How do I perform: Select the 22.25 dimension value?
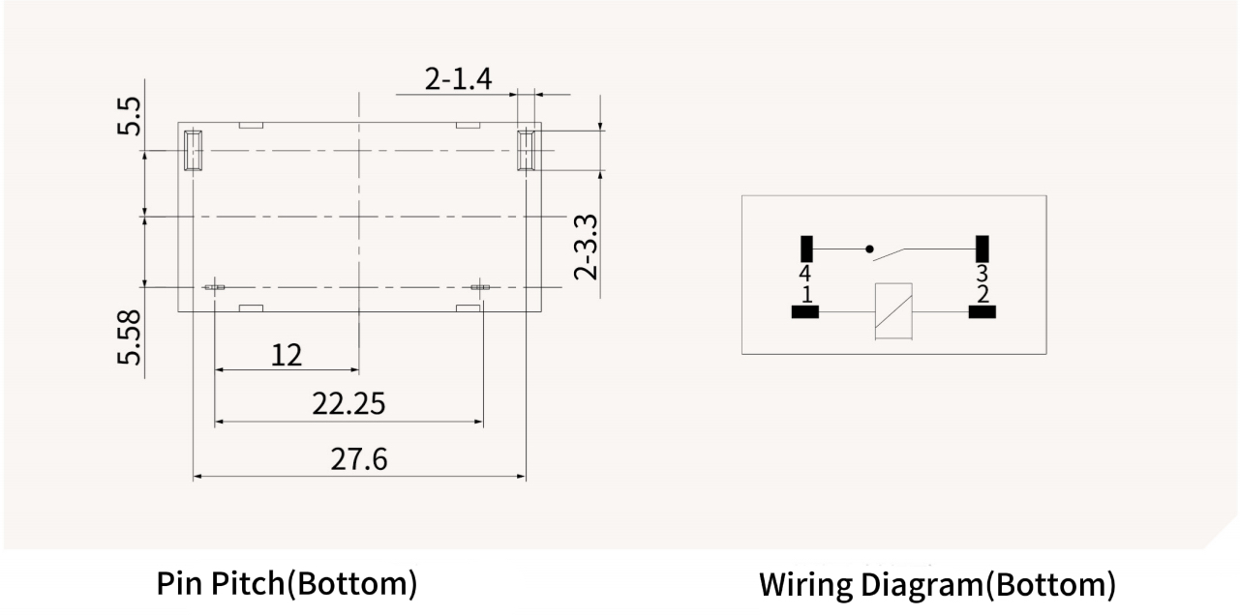pos(348,404)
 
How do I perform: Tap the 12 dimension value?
pos(286,355)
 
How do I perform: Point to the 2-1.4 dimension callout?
pos(458,79)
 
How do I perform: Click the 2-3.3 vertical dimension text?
pos(587,247)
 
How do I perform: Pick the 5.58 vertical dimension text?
pos(130,337)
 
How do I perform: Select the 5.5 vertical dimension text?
pos(130,115)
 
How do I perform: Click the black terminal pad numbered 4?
pos(805,249)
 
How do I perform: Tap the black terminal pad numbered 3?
pos(983,249)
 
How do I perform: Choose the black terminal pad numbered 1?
pos(805,311)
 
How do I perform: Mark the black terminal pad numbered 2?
pos(982,311)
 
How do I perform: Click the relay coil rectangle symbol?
pos(892,311)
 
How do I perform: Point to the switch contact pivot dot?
pos(869,249)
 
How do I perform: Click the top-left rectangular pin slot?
pos(194,150)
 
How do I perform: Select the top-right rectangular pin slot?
pos(526,150)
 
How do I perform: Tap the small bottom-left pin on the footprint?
pos(214,287)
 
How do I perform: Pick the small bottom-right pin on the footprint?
pos(481,287)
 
